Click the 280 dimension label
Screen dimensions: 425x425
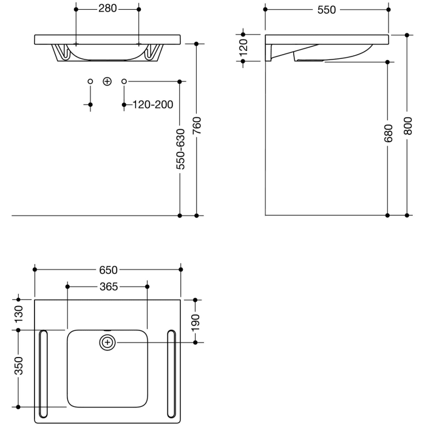point(107,10)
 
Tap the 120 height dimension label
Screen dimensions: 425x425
point(243,47)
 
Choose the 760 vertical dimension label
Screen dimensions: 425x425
point(196,126)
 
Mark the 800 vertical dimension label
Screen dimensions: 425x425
point(408,125)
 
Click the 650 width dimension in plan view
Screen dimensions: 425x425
point(108,270)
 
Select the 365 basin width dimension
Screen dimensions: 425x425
point(107,286)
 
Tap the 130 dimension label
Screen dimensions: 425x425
point(19,314)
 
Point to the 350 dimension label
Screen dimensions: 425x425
point(19,368)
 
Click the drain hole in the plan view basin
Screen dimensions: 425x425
point(107,342)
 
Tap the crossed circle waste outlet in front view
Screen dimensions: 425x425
point(107,81)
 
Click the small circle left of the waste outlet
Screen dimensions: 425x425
point(90,81)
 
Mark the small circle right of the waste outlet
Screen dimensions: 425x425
point(124,81)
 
